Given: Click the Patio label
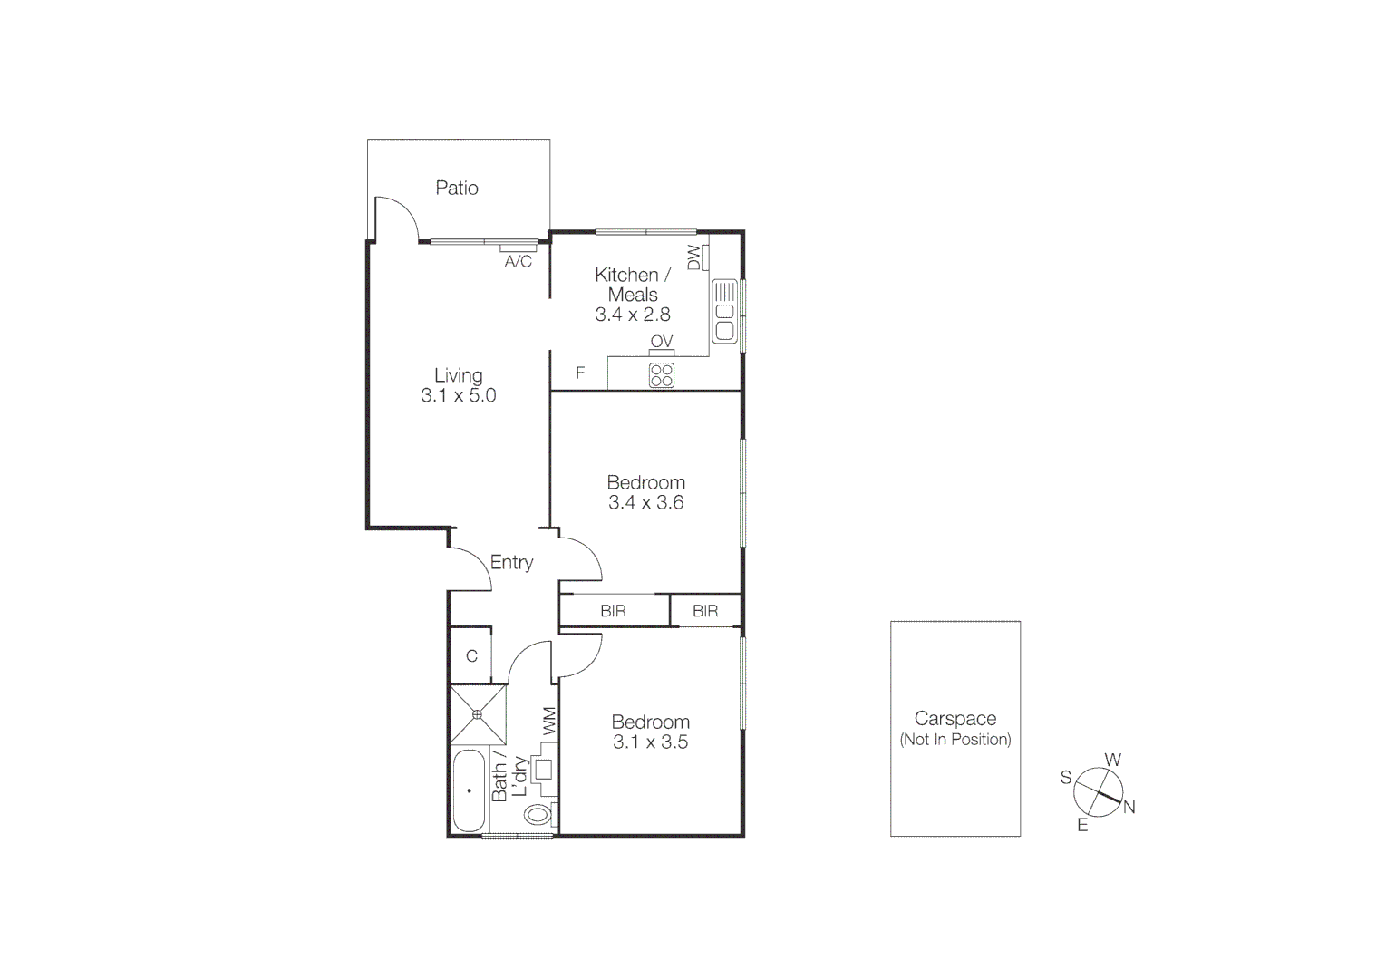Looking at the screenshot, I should [x=457, y=189].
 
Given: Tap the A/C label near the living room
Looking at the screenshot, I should [x=518, y=262].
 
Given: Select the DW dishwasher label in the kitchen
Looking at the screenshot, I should [x=694, y=257].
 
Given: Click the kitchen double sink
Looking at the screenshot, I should [x=724, y=311].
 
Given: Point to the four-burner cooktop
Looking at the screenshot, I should [x=662, y=375].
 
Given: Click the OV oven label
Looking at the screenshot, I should [x=662, y=342].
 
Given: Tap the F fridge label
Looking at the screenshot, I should [x=580, y=373].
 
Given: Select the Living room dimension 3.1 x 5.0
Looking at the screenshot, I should [x=458, y=396].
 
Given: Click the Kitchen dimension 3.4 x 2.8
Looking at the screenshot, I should [x=633, y=315].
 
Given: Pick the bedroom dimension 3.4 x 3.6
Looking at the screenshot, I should [x=645, y=503].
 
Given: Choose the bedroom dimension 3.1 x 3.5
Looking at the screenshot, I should [x=650, y=742].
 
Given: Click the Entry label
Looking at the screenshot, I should [x=511, y=563].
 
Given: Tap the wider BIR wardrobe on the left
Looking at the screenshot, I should [x=614, y=611].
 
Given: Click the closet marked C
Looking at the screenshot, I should [x=471, y=656].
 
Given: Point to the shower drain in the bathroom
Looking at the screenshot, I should [x=477, y=714].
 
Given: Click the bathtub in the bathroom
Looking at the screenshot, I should [x=469, y=790].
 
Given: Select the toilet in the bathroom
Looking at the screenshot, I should [x=538, y=814].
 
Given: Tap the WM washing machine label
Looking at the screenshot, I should [x=548, y=722].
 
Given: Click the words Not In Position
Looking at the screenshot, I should [x=955, y=740].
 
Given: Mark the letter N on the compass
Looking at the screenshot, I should [x=1129, y=808].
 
